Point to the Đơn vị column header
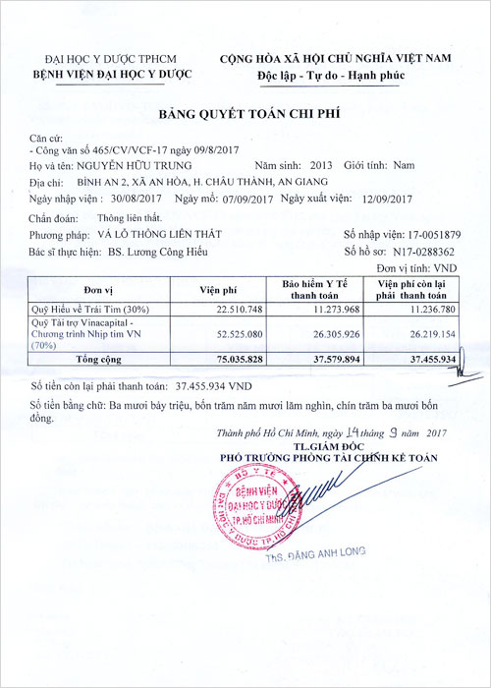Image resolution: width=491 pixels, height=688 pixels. pyautogui.click(x=100, y=289)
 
